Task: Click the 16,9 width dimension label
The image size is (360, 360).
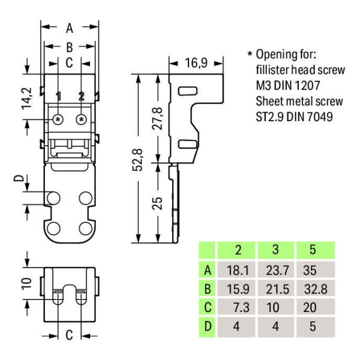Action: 196,63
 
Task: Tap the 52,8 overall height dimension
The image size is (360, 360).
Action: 138,160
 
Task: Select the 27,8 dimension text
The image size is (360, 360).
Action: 158,118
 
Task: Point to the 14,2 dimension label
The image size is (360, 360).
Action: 27,98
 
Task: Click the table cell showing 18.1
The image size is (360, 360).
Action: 238,270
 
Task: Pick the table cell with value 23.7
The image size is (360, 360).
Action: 277,270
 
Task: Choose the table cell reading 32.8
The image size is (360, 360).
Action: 316,289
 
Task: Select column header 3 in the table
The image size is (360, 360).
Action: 275,250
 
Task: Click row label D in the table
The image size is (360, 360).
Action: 208,326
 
